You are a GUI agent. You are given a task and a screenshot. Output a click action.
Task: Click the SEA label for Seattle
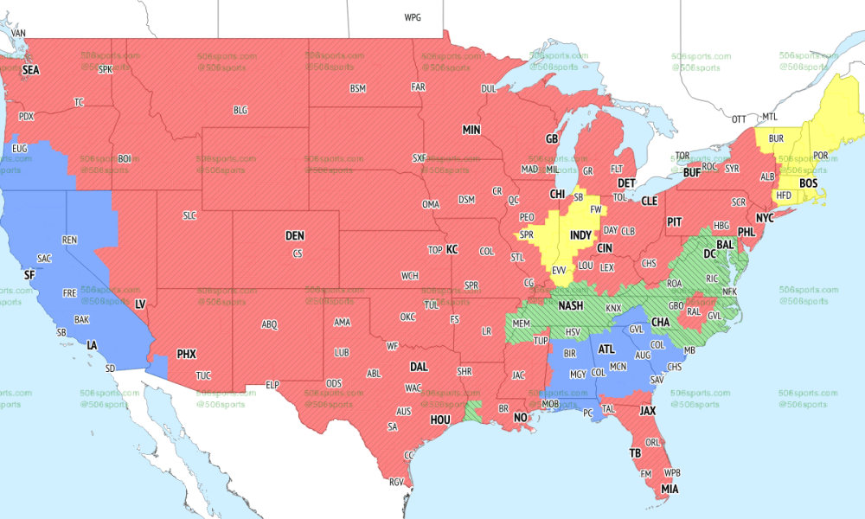click(x=31, y=69)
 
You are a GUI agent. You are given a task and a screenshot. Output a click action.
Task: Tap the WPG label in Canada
click(x=413, y=17)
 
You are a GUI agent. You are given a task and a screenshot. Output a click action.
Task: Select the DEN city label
click(x=295, y=235)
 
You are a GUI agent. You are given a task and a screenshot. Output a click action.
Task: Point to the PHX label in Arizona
click(x=187, y=354)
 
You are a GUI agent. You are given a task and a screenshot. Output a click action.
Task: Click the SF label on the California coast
click(x=29, y=274)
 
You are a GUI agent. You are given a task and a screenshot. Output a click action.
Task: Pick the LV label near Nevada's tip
click(x=140, y=304)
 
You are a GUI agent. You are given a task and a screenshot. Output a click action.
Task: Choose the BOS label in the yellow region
click(x=809, y=183)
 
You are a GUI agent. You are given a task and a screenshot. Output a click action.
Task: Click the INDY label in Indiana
click(x=580, y=235)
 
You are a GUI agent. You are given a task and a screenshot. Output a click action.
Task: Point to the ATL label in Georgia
click(x=607, y=349)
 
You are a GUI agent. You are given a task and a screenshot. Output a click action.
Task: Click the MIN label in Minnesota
click(x=471, y=130)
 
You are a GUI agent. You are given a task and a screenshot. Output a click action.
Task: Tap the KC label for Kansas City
click(x=452, y=249)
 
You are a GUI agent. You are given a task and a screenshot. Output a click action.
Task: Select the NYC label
click(x=764, y=217)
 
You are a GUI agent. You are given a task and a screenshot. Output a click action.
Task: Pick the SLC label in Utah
click(x=189, y=215)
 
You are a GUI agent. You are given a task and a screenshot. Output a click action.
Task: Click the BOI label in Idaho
click(x=125, y=158)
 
